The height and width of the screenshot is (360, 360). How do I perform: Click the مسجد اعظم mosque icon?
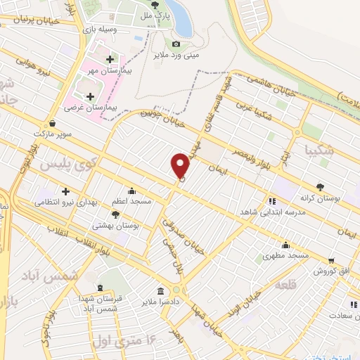(x=131, y=191)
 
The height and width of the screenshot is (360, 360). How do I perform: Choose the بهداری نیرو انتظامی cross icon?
(x=65, y=191)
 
